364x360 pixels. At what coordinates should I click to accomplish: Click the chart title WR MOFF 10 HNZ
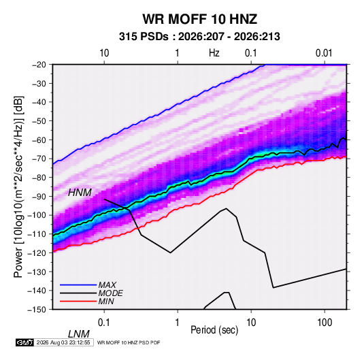pyautogui.click(x=200, y=19)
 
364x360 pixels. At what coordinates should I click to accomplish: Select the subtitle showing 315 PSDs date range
pyautogui.click(x=199, y=37)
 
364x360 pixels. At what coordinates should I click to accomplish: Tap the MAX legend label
pyautogui.click(x=107, y=284)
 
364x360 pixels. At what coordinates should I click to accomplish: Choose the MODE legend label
pyautogui.click(x=110, y=293)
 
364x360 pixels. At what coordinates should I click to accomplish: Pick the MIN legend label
pyautogui.click(x=106, y=301)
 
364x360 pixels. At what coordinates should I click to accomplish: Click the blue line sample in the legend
pyautogui.click(x=78, y=285)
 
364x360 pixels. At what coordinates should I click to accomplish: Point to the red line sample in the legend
pyautogui.click(x=78, y=301)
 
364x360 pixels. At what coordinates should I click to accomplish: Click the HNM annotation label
pyautogui.click(x=80, y=193)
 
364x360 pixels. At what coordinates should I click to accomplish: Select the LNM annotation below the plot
pyautogui.click(x=79, y=334)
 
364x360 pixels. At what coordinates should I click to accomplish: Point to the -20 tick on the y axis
pyautogui.click(x=39, y=65)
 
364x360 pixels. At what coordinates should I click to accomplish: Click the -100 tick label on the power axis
pyautogui.click(x=37, y=215)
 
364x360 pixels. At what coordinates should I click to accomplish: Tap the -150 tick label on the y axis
pyautogui.click(x=37, y=310)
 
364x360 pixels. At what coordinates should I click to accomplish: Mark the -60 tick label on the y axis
pyautogui.click(x=39, y=140)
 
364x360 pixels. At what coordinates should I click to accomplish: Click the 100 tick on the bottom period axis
pyautogui.click(x=325, y=323)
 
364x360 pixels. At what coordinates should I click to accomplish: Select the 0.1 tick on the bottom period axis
pyautogui.click(x=104, y=323)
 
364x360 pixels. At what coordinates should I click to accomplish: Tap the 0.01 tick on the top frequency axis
pyautogui.click(x=324, y=53)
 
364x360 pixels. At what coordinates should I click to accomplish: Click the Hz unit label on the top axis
pyautogui.click(x=214, y=53)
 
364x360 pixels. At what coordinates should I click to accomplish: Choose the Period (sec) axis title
pyautogui.click(x=214, y=330)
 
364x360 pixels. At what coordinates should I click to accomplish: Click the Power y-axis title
pyautogui.click(x=18, y=187)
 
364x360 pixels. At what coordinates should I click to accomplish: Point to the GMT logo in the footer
pyautogui.click(x=24, y=342)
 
